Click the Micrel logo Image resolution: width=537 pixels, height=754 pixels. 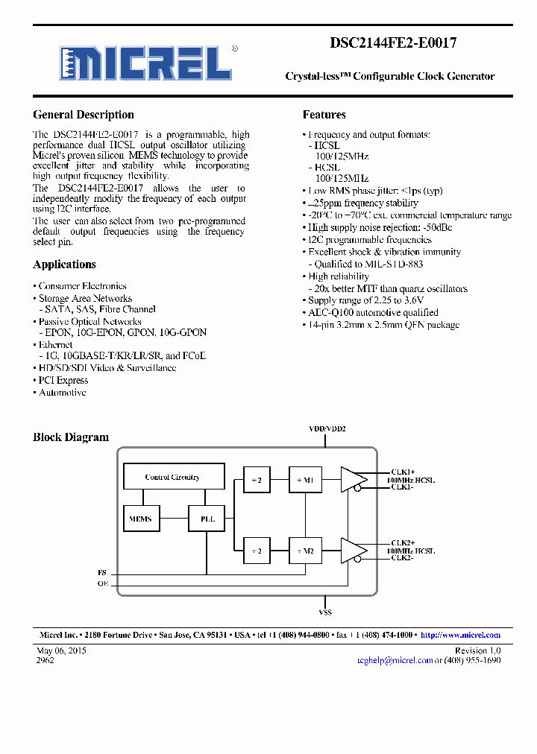click(x=147, y=63)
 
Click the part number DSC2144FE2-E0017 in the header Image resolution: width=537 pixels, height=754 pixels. click(x=392, y=43)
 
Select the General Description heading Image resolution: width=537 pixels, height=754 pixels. click(x=84, y=115)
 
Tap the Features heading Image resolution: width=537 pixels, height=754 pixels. click(x=324, y=115)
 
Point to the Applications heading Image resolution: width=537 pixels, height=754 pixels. click(x=64, y=264)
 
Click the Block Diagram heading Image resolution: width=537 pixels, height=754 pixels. click(x=71, y=437)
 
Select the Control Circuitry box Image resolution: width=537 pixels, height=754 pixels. click(x=172, y=477)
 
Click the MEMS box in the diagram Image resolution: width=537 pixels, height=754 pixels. click(x=140, y=519)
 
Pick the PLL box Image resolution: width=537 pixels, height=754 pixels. click(x=207, y=519)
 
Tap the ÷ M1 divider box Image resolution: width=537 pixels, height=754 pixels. click(x=305, y=481)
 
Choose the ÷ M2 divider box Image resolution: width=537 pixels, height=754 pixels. click(x=305, y=551)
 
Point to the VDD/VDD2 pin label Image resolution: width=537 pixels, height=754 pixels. click(x=327, y=429)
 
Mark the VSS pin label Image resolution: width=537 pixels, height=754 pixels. click(x=325, y=612)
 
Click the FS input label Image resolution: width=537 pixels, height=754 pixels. click(x=102, y=572)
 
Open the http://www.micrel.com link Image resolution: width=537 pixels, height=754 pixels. click(x=460, y=635)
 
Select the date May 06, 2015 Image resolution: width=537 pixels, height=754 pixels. click(x=62, y=650)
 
